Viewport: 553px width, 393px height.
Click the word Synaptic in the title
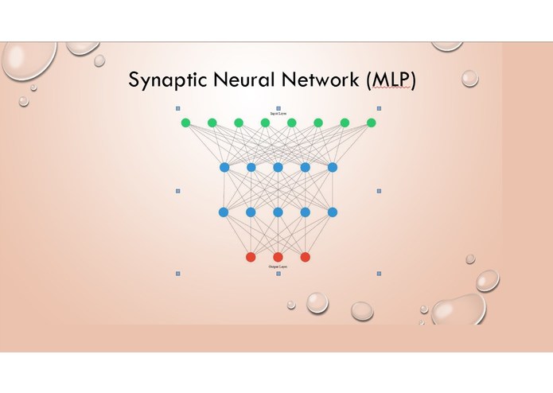[168, 82]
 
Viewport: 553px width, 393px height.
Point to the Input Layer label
[278, 114]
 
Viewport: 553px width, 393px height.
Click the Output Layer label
[278, 267]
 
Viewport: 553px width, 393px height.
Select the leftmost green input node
[185, 123]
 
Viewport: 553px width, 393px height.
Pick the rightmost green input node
[371, 123]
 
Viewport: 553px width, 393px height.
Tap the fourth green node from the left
[265, 123]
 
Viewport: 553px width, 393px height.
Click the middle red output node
[278, 257]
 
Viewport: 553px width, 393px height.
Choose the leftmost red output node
[251, 257]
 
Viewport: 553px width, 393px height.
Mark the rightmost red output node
[305, 257]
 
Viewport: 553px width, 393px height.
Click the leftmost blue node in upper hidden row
[224, 167]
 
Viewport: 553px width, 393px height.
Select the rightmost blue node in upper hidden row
[333, 167]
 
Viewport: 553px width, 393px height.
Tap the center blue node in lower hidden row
[278, 212]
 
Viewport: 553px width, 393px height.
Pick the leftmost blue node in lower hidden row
[224, 212]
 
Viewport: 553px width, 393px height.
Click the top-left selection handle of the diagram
[177, 108]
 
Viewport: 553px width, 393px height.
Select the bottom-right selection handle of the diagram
[379, 273]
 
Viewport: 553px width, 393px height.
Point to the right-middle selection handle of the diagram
[379, 191]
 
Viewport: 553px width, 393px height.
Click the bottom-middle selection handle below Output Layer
[278, 274]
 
